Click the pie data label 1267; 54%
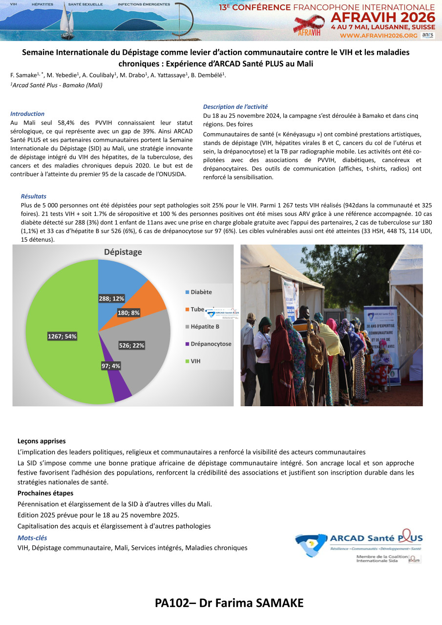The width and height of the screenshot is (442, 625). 62,336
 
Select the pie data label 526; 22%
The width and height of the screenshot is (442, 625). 131,345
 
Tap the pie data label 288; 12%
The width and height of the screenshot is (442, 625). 112,298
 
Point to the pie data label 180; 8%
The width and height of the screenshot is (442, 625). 128,312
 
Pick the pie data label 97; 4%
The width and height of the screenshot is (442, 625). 111,366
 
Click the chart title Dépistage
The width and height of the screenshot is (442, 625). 123,252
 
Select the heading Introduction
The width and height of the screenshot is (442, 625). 27,114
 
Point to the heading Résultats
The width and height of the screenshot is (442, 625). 34,196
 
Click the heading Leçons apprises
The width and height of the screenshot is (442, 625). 42,441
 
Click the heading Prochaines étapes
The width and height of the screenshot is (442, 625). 45,493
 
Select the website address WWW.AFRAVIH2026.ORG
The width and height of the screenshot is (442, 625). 379,36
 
